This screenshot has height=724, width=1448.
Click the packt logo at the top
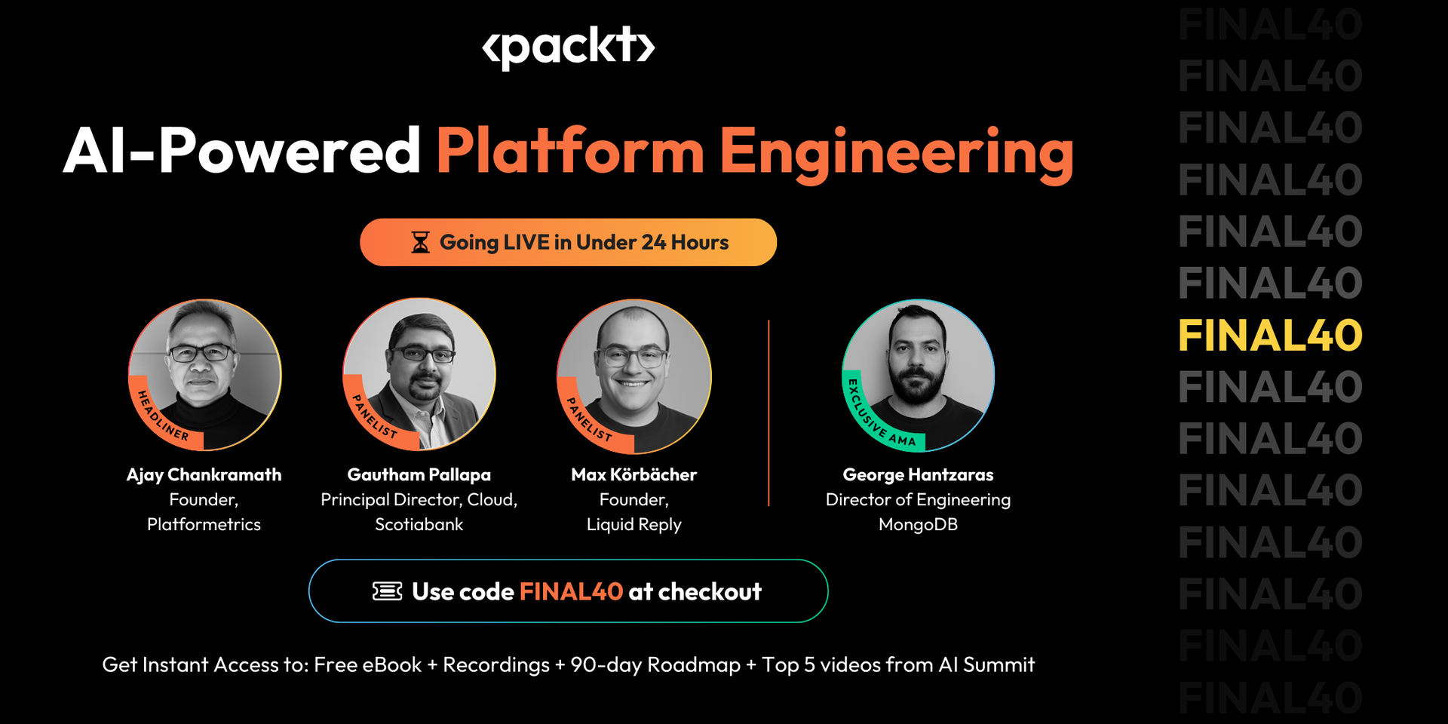pyautogui.click(x=568, y=48)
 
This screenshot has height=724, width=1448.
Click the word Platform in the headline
pyautogui.click(x=570, y=151)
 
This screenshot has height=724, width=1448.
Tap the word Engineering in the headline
pyautogui.click(x=897, y=153)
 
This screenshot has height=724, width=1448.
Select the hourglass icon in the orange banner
pyautogui.click(x=420, y=242)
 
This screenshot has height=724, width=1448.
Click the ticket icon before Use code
pyautogui.click(x=387, y=591)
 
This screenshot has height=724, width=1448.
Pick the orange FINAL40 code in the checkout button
pyautogui.click(x=571, y=592)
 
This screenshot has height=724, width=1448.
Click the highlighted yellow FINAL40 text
pyautogui.click(x=1270, y=336)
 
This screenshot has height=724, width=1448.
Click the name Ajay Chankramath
pyautogui.click(x=204, y=474)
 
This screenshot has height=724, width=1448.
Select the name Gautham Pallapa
pyautogui.click(x=419, y=474)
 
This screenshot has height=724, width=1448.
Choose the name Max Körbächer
pyautogui.click(x=633, y=474)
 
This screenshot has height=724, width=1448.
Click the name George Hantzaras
pyautogui.click(x=918, y=474)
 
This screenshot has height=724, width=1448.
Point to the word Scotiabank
pyautogui.click(x=419, y=524)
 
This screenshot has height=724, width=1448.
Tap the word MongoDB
pyautogui.click(x=918, y=524)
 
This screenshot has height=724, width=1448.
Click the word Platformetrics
pyautogui.click(x=204, y=524)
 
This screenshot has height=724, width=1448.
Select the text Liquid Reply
pyautogui.click(x=633, y=524)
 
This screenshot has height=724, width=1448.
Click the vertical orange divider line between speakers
pyautogui.click(x=768, y=413)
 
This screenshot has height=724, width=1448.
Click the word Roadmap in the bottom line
pyautogui.click(x=693, y=664)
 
